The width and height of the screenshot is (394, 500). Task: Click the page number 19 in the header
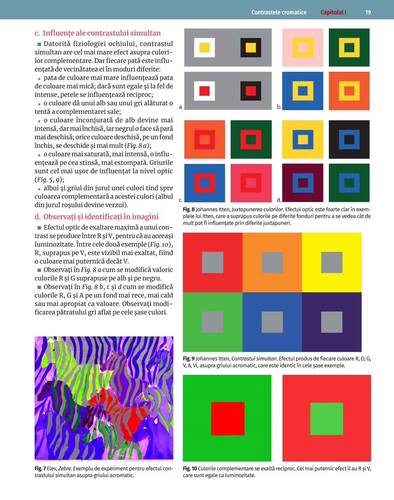(368, 12)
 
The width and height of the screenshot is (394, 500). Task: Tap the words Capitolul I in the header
(333, 12)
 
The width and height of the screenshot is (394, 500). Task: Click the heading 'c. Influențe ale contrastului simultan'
(98, 33)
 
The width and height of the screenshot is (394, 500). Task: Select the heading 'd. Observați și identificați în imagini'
(97, 216)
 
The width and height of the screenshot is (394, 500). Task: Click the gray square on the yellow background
(332, 262)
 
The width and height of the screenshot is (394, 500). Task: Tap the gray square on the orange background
(272, 262)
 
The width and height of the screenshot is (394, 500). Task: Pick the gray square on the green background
(212, 322)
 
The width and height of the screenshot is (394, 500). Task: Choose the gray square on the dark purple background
(332, 322)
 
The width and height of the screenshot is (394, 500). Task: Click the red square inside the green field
(228, 418)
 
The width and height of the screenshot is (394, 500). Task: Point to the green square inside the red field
(327, 419)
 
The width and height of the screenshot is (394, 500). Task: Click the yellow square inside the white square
(204, 47)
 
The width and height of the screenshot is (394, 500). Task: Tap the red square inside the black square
(251, 91)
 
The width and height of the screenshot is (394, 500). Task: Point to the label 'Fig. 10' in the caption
(190, 468)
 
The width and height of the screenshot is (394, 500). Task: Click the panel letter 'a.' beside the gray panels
(181, 107)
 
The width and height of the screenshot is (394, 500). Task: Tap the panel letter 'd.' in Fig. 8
(279, 200)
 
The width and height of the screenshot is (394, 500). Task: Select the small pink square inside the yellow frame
(303, 47)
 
